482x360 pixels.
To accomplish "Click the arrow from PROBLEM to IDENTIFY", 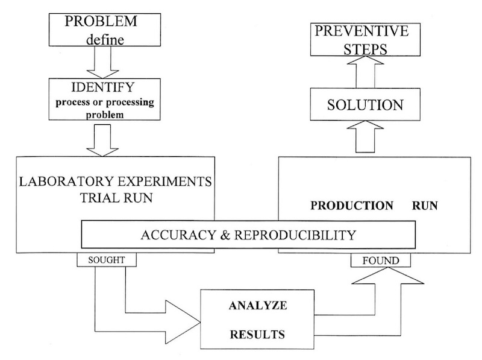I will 101,62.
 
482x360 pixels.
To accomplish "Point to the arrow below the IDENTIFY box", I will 101,142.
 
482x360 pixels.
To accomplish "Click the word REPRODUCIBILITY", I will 292,235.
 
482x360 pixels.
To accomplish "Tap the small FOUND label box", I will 381,260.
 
